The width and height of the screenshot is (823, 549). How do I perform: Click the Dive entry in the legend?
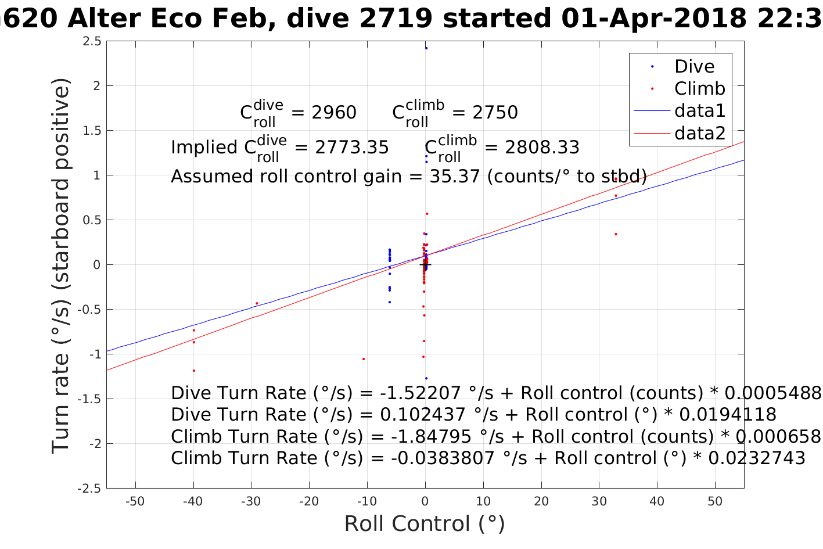(694, 67)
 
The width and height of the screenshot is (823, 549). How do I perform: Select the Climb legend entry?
(699, 89)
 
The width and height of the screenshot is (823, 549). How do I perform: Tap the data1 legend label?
(699, 111)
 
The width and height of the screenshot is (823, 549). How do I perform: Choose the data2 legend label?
(699, 134)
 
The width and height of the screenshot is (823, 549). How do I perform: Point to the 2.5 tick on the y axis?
(92, 41)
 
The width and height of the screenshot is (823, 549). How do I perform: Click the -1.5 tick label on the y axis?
(90, 399)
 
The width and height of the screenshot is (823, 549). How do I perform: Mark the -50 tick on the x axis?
(135, 501)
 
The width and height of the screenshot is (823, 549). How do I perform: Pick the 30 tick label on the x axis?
(599, 501)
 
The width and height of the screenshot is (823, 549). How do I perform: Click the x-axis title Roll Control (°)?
(425, 524)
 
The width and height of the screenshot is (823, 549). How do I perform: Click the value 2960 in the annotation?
(334, 113)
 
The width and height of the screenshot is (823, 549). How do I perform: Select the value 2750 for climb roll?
(495, 113)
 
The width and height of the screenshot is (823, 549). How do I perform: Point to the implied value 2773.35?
(351, 148)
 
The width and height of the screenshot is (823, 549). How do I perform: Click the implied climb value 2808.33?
(542, 148)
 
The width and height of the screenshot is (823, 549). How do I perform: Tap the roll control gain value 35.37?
(455, 176)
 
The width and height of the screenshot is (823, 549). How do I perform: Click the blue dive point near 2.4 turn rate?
(426, 48)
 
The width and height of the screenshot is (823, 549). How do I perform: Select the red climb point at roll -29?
(257, 303)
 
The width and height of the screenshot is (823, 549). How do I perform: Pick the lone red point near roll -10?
(364, 359)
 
